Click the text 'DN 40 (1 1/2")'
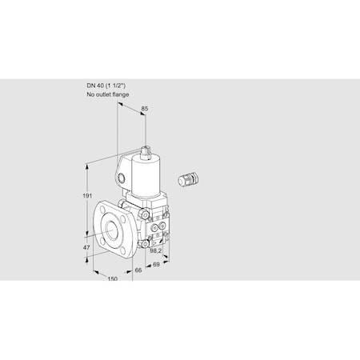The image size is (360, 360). coord(107,86)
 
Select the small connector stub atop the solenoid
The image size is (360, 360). coord(146,150)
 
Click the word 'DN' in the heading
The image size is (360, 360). coord(90,86)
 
